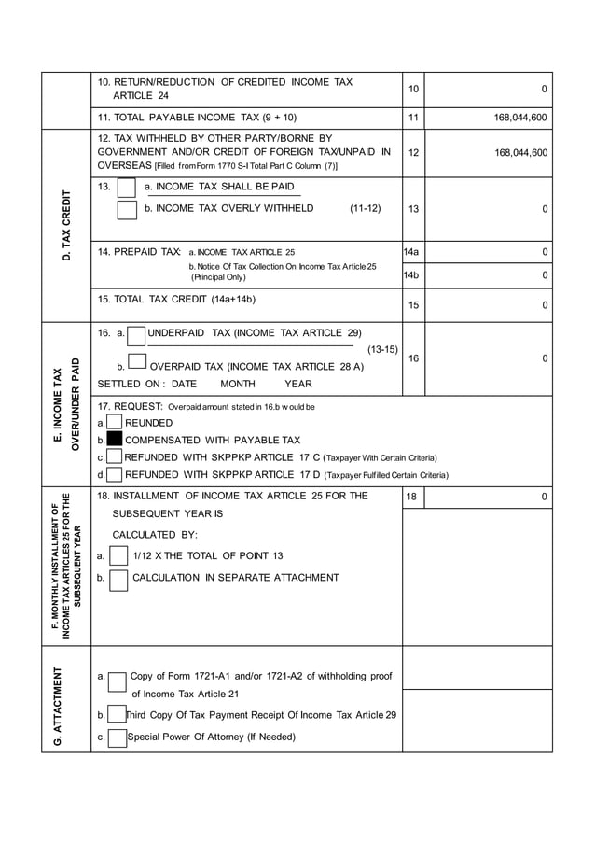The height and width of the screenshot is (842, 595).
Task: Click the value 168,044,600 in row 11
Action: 520,118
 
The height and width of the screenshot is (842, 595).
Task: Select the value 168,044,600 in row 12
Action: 520,152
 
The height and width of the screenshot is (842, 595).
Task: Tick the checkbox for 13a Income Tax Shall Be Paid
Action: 127,189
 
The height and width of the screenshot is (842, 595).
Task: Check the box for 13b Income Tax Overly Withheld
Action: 127,209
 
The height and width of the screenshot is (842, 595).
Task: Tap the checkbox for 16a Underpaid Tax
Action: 136,333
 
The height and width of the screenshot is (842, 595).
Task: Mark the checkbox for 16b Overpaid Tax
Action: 136,363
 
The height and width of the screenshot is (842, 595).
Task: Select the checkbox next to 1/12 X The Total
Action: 118,556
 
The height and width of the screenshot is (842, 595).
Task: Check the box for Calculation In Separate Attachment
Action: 118,580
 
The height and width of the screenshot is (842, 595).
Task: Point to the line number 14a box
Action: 411,252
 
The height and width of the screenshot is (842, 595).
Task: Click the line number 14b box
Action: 411,275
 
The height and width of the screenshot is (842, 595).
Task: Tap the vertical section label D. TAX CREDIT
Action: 66,225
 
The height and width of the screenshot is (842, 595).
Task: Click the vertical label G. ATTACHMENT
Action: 58,707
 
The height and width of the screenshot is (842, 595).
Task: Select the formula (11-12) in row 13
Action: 365,208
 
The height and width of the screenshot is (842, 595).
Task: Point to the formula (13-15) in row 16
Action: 382,349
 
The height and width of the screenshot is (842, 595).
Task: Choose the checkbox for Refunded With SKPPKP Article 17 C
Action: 115,457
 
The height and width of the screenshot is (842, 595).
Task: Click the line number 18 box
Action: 411,498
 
